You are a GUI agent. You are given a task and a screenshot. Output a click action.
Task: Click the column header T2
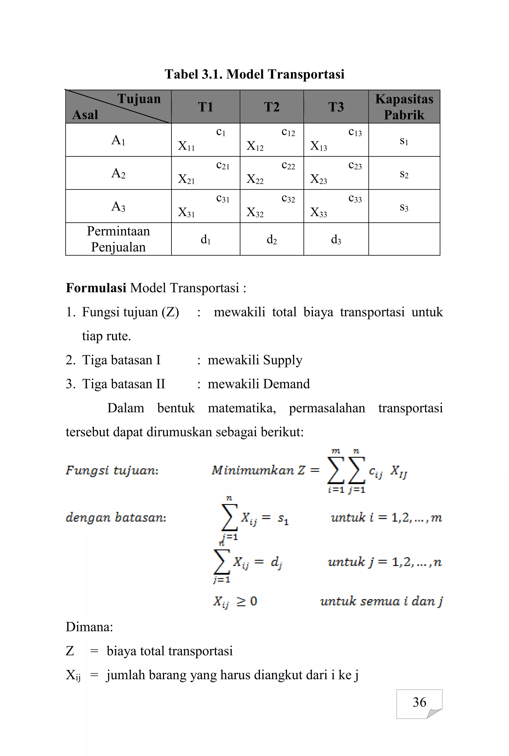pyautogui.click(x=272, y=107)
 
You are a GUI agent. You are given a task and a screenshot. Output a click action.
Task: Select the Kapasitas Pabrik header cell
pyautogui.click(x=404, y=107)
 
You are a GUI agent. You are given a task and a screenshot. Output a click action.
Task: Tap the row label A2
pyautogui.click(x=118, y=173)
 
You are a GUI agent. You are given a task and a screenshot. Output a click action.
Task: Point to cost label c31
pyautogui.click(x=223, y=199)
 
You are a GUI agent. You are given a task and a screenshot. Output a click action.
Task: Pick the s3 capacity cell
pyautogui.click(x=404, y=207)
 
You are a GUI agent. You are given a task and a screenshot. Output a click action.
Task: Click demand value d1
pyautogui.click(x=206, y=240)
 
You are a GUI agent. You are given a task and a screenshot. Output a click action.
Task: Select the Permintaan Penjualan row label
pyautogui.click(x=118, y=239)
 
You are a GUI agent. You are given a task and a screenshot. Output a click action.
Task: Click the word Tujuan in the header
pyautogui.click(x=139, y=99)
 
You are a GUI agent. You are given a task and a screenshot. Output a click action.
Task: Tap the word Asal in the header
pyautogui.click(x=85, y=115)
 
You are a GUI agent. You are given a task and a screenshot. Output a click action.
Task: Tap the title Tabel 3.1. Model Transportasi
pyautogui.click(x=254, y=74)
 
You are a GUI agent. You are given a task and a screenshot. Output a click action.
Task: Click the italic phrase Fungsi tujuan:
pyautogui.click(x=112, y=470)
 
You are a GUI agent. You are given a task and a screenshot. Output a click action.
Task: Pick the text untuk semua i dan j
pyautogui.click(x=381, y=601)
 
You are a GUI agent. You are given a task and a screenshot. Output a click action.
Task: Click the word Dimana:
pyautogui.click(x=89, y=627)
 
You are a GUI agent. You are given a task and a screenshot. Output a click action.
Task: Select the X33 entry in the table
pyautogui.click(x=318, y=212)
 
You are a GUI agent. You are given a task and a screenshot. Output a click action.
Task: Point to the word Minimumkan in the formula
pyautogui.click(x=253, y=470)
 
